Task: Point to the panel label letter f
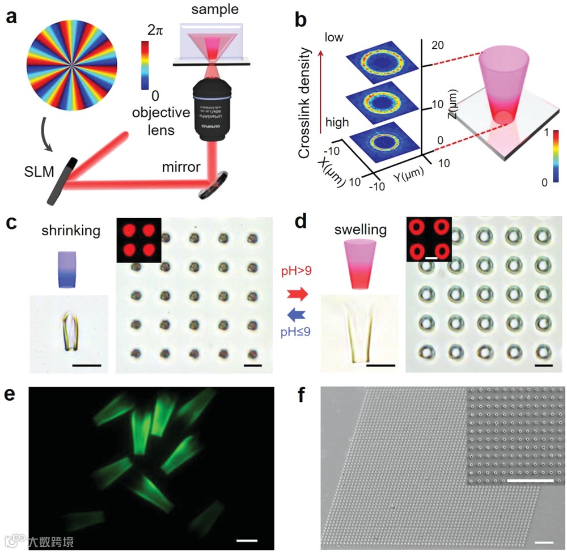coord(302,395)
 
